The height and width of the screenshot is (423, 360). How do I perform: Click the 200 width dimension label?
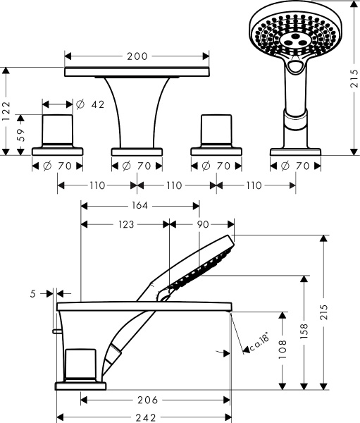click(x=137, y=56)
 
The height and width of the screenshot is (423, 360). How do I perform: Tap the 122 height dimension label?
click(x=6, y=111)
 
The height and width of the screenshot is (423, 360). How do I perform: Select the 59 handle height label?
click(x=20, y=135)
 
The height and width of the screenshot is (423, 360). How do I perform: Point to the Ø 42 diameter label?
click(x=90, y=104)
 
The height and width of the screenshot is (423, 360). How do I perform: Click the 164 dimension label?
click(x=139, y=206)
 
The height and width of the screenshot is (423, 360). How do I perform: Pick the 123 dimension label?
click(x=126, y=224)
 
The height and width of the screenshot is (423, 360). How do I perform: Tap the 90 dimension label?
click(x=202, y=224)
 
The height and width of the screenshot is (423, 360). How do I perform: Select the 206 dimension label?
click(x=147, y=400)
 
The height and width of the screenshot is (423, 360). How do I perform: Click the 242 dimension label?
click(x=146, y=418)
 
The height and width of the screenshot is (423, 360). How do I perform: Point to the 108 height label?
click(x=283, y=350)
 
